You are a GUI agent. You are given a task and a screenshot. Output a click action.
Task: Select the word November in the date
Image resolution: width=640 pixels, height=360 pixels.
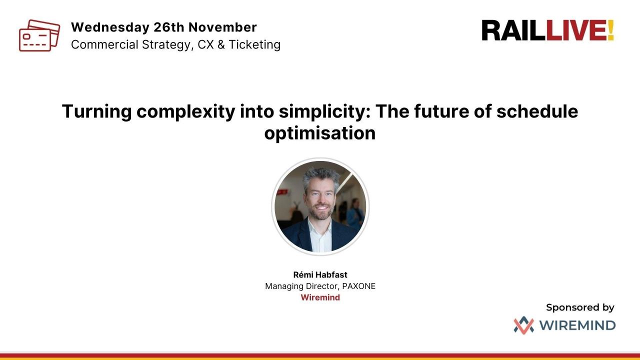pyautogui.click(x=222, y=27)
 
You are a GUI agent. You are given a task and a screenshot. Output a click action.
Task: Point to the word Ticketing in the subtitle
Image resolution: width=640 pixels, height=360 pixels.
pyautogui.click(x=254, y=44)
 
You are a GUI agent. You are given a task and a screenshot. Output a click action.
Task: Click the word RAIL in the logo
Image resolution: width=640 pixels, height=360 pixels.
pyautogui.click(x=513, y=30)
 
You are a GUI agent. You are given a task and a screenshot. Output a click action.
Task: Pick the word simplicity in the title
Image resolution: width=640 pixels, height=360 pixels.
pyautogui.click(x=317, y=111)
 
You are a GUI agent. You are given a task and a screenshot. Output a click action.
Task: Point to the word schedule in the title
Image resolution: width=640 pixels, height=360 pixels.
pyautogui.click(x=537, y=111)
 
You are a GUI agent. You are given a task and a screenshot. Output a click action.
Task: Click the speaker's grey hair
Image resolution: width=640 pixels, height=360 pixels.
pyautogui.click(x=320, y=174)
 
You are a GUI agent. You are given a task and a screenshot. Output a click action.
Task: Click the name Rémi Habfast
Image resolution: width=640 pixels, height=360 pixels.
pyautogui.click(x=320, y=274)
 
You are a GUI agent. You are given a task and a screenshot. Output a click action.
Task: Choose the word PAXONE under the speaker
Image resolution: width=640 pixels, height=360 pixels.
pyautogui.click(x=358, y=286)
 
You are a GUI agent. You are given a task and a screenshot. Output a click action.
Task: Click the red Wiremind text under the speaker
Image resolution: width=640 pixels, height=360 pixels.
pyautogui.click(x=320, y=297)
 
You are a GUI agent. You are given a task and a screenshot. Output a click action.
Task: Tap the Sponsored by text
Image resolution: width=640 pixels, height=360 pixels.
pyautogui.click(x=580, y=307)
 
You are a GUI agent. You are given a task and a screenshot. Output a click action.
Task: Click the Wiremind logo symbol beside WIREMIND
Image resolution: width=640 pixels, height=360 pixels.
pyautogui.click(x=523, y=325)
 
